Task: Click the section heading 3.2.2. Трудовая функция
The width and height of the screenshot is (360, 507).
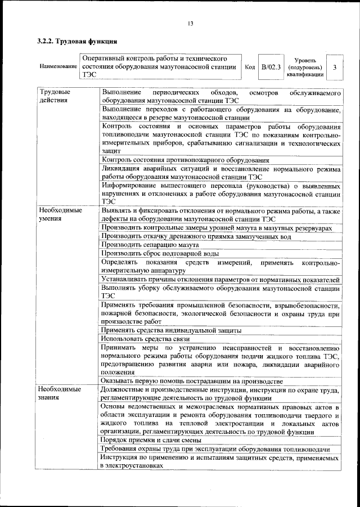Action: coord(77,41)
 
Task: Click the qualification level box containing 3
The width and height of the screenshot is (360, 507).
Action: coord(335,67)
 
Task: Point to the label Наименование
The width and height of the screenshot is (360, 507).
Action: coord(58,67)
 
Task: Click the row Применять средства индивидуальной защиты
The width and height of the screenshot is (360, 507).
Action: coord(172,330)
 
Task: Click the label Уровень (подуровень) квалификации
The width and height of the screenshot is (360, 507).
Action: coord(304,67)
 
